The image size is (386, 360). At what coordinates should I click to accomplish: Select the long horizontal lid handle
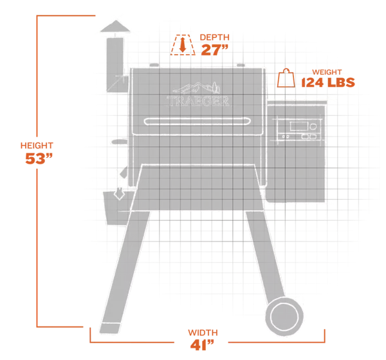click(198, 122)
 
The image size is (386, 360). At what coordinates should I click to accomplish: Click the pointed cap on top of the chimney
click(114, 27)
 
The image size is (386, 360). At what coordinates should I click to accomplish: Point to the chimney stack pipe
click(114, 64)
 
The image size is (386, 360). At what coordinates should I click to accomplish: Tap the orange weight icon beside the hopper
click(284, 79)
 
